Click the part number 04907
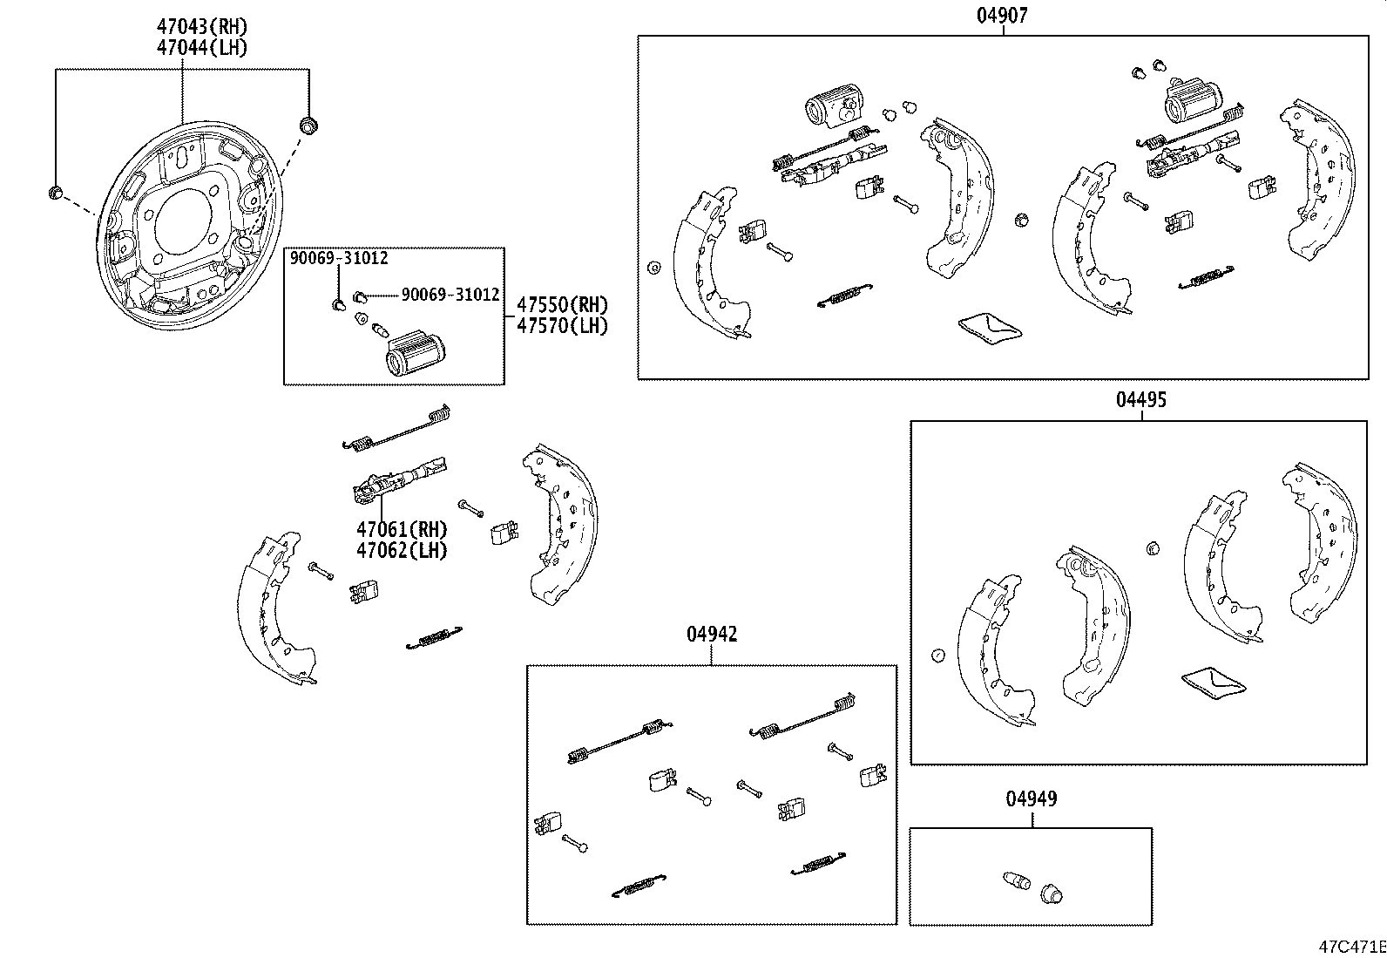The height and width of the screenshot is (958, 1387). [x=1002, y=15]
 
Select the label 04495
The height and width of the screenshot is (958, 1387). [x=1141, y=400]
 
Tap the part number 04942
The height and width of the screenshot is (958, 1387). [x=712, y=635]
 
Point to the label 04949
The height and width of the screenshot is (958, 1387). [x=1031, y=798]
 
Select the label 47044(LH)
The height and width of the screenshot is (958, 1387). [x=202, y=47]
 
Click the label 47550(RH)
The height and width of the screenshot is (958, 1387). [x=562, y=305]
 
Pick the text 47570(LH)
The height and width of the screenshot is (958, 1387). [x=562, y=325]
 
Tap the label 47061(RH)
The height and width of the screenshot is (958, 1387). [x=402, y=529]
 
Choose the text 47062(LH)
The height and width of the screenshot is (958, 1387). [x=402, y=550]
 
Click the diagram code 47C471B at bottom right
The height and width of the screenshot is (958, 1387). [x=1350, y=947]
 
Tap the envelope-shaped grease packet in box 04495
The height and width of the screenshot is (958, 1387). [x=1212, y=683]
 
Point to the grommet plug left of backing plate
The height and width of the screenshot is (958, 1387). [x=54, y=193]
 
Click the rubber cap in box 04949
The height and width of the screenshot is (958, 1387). [x=1051, y=893]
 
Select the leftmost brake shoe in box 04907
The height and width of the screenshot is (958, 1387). [x=707, y=262]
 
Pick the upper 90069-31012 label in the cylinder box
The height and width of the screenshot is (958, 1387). [x=339, y=258]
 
